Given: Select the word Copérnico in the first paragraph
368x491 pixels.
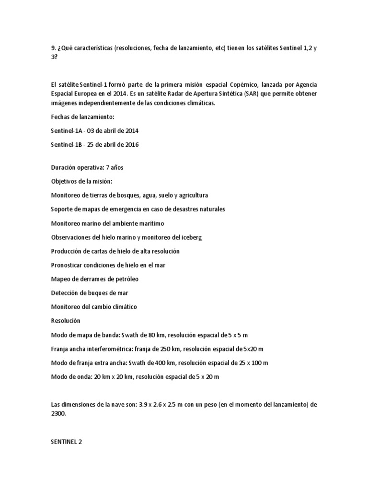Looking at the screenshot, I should [x=259, y=84].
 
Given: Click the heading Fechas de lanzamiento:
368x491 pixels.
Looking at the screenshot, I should [x=81, y=116].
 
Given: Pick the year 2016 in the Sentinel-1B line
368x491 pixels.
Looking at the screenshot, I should [x=131, y=144].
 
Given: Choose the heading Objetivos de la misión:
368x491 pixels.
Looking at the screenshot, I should [x=81, y=182].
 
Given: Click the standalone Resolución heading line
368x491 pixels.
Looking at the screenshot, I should [x=66, y=320].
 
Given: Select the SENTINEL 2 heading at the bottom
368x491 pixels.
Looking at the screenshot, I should [x=66, y=442].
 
